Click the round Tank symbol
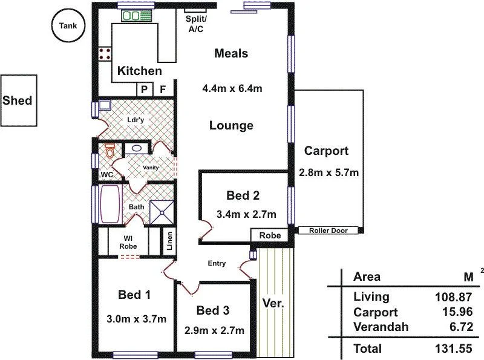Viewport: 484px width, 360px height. click(68, 25)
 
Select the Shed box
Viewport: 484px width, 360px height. click(18, 100)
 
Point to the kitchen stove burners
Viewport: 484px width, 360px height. click(103, 53)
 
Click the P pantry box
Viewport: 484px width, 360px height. click(145, 89)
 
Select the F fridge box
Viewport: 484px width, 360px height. click(163, 89)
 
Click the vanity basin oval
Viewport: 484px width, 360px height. click(137, 148)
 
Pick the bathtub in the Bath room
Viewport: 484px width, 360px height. click(111, 204)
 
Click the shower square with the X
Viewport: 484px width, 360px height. click(162, 212)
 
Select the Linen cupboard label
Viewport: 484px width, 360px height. click(170, 242)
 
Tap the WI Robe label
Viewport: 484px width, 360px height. click(128, 242)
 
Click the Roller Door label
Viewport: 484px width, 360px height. click(329, 231)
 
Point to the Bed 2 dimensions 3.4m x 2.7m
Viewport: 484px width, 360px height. click(246, 214)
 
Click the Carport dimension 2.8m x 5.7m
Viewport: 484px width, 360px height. click(329, 172)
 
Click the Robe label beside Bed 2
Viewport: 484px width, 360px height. click(270, 235)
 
